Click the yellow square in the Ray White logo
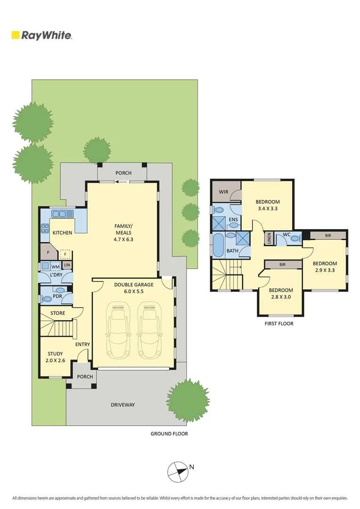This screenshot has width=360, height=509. pos(16,35)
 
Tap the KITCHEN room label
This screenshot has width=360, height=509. pos(62,233)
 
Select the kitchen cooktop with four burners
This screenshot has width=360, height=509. pos(45,229)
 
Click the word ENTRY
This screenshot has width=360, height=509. pos(82,345)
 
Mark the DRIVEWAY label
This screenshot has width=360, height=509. pos(123,405)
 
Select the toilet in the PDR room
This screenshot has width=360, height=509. pos(47,299)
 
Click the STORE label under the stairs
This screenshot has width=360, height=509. pos(57,313)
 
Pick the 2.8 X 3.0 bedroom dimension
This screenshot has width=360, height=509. pos(281,297)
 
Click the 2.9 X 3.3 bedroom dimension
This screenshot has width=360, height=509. pos(325,271)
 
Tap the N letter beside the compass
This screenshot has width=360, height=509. pos(191,467)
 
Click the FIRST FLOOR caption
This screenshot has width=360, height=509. pos(279,324)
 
